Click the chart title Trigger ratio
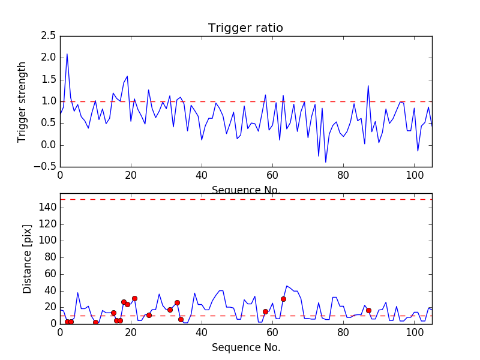pos(245,28)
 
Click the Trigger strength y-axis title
pos(22,101)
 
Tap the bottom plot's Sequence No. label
pos(245,347)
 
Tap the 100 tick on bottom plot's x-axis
pos(414,334)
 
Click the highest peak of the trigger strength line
pos(67,54)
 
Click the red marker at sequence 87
pos(368,310)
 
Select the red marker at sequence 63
pos(283,299)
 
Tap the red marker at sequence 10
pos(95,322)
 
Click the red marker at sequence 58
pos(265,311)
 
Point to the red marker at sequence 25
pos(149,315)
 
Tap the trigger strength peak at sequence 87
pos(368,86)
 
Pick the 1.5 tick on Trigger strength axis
pos(49,80)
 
